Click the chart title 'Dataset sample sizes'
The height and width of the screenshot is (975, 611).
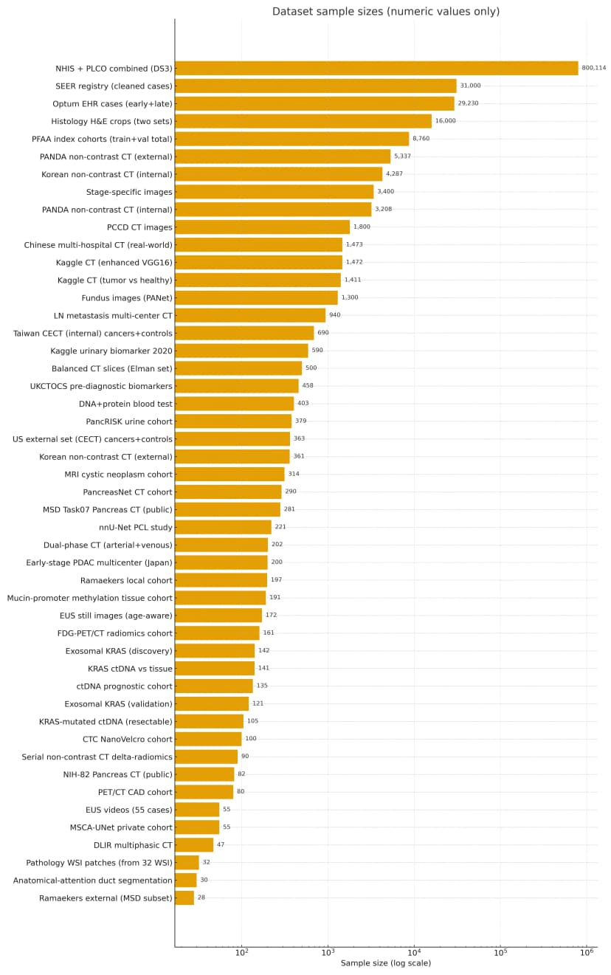point(385,12)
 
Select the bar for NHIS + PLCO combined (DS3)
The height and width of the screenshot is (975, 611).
point(376,68)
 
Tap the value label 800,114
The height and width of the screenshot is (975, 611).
point(593,68)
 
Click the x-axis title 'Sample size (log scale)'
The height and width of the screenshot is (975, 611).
point(385,963)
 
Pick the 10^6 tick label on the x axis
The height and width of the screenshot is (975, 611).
point(587,951)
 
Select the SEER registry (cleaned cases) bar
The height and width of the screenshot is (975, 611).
point(315,86)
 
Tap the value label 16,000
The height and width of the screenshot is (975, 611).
point(445,121)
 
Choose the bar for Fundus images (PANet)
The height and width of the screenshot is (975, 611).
point(256,297)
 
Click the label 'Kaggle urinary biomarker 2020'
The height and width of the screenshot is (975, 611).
point(111,351)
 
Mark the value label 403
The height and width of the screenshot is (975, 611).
point(303,404)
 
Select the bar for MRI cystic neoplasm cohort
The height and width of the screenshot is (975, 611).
point(229,474)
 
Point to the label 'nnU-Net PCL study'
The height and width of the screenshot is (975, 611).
point(135,527)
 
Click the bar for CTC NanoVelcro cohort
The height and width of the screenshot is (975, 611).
point(208,739)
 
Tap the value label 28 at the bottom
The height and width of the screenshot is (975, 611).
point(201,898)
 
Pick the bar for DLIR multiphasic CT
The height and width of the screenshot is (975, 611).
point(194,844)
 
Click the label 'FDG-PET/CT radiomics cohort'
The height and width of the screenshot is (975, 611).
point(114,633)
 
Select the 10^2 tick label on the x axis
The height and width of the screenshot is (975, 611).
point(241,951)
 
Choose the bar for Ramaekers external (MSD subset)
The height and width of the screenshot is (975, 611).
point(184,898)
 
